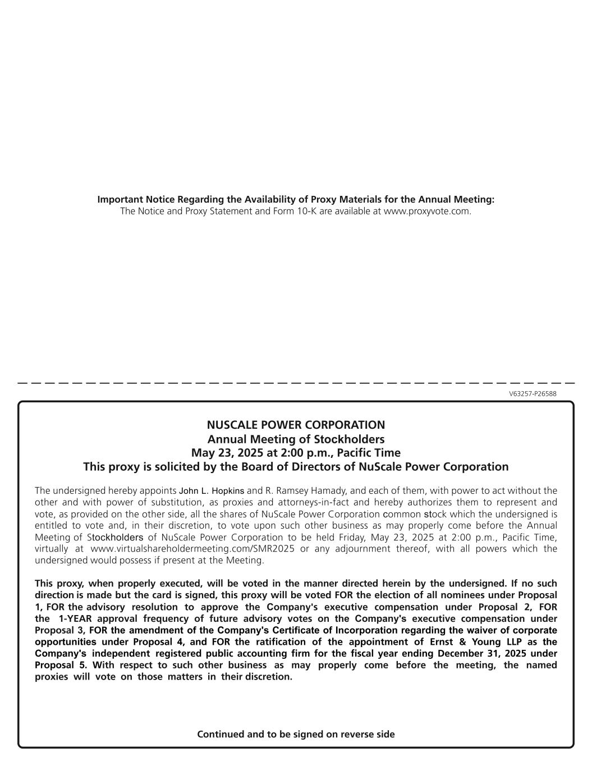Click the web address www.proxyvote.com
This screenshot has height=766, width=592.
(426, 212)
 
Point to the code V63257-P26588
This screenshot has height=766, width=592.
(533, 394)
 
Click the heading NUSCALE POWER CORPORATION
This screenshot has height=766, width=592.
(296, 425)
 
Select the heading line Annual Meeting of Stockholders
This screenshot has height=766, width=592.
(296, 439)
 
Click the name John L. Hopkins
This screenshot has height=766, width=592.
(212, 491)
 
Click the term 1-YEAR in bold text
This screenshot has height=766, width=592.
(76, 619)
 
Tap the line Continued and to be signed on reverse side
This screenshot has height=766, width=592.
(296, 735)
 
